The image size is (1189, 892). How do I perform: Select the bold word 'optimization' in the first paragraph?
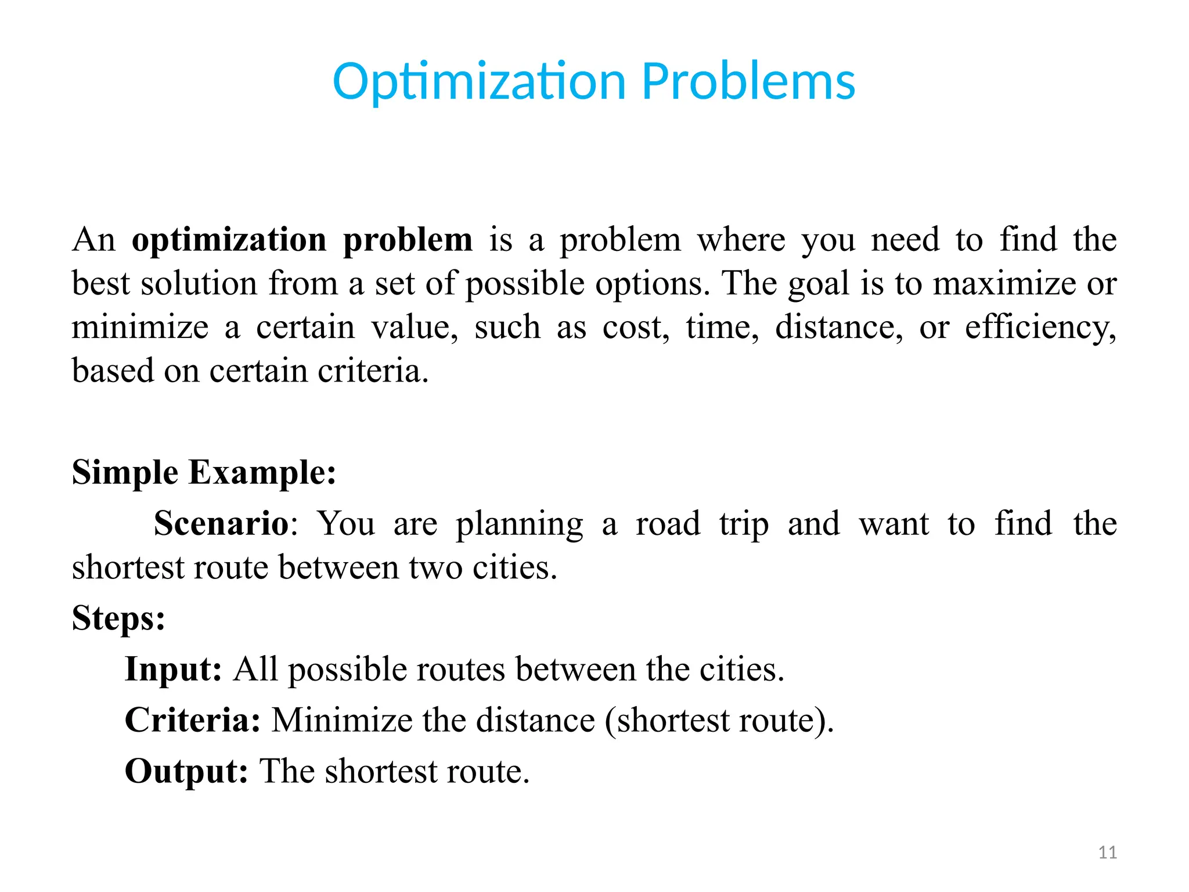coord(229,240)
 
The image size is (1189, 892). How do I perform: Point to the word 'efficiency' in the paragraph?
coord(1039,328)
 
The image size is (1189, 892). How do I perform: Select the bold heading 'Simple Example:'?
coord(204,472)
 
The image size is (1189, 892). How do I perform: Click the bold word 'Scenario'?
coord(221,523)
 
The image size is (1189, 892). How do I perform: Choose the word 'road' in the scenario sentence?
coord(668,523)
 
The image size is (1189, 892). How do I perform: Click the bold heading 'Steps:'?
coord(118,618)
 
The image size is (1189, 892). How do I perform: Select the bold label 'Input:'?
coord(173,669)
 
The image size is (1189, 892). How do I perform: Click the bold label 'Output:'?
coord(186,771)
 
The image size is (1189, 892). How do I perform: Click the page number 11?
coord(1108,853)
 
